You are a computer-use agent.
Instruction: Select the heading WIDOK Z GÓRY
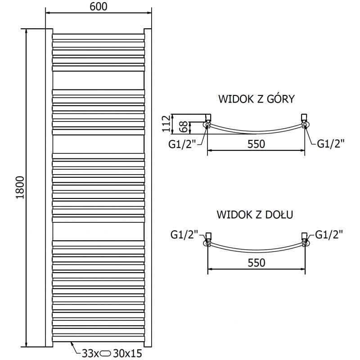click(x=256, y=99)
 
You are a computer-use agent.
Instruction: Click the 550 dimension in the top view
click(x=255, y=144)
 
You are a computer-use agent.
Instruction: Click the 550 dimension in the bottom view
click(x=255, y=262)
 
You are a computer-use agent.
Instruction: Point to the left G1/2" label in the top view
click(x=183, y=144)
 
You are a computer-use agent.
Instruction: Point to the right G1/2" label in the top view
click(x=331, y=144)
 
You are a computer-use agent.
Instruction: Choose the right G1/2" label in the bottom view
click(x=329, y=234)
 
